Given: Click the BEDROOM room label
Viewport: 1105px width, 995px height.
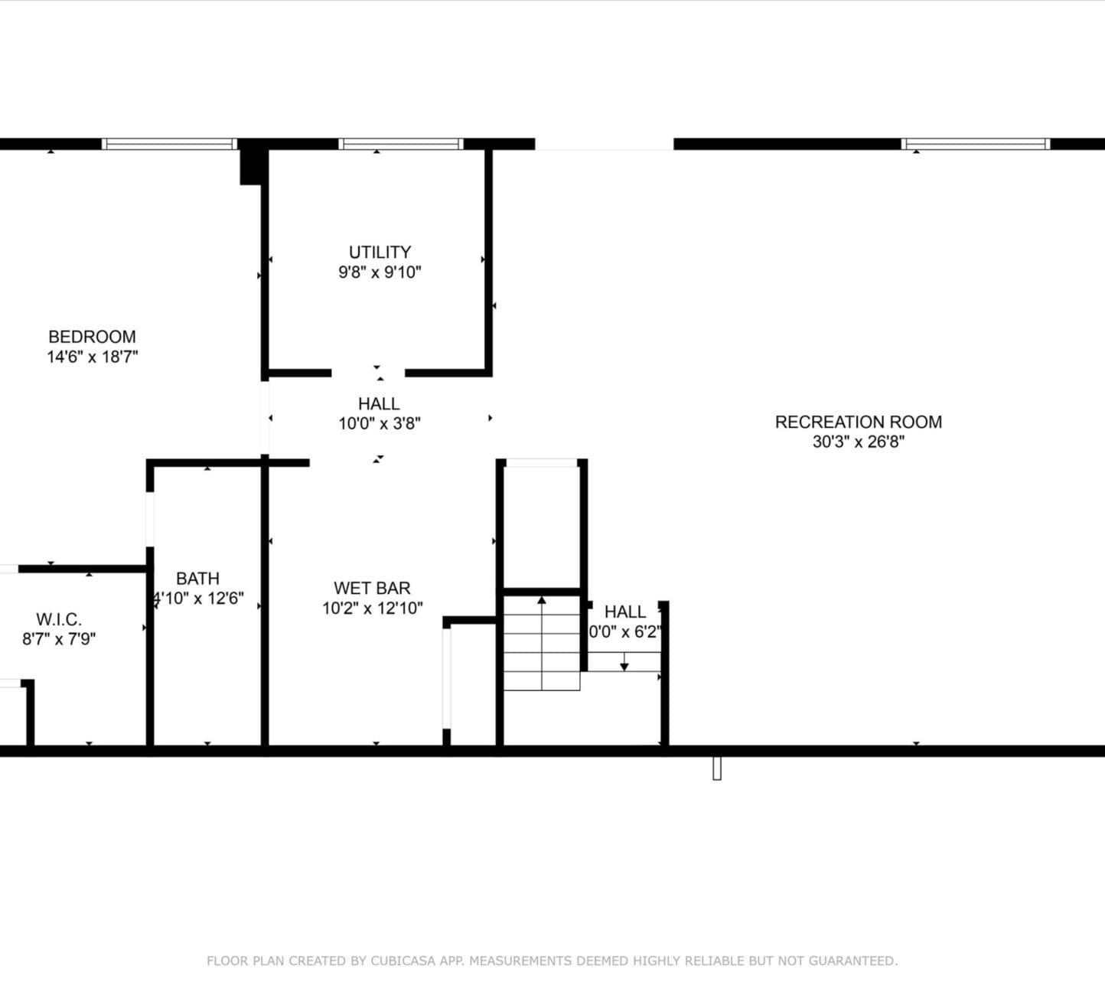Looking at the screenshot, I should pyautogui.click(x=92, y=337).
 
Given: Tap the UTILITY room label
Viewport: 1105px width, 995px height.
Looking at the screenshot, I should pyautogui.click(x=380, y=252).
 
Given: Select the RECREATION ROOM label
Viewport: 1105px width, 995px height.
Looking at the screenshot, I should pyautogui.click(x=858, y=422).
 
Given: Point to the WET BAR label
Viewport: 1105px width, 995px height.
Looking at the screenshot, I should pyautogui.click(x=372, y=588).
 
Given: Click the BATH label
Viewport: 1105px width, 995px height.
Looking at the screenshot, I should pyautogui.click(x=197, y=579).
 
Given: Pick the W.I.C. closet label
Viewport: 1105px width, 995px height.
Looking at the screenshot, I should pyautogui.click(x=59, y=619).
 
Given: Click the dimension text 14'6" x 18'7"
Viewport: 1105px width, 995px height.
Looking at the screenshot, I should pyautogui.click(x=92, y=357).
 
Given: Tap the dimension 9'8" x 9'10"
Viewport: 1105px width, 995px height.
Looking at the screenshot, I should pyautogui.click(x=380, y=272).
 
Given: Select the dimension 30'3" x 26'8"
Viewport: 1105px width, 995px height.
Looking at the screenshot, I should pyautogui.click(x=858, y=442).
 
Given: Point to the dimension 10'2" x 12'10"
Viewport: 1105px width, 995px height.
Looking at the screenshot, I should pyautogui.click(x=372, y=608).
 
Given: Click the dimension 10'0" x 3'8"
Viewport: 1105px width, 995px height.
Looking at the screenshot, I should pyautogui.click(x=380, y=423).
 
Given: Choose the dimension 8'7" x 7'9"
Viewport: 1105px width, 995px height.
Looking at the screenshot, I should pyautogui.click(x=59, y=639).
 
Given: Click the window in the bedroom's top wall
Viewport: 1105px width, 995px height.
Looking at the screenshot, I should pyautogui.click(x=169, y=144).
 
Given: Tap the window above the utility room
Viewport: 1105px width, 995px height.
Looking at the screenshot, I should pyautogui.click(x=401, y=144).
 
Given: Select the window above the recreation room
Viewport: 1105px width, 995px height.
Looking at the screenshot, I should pyautogui.click(x=975, y=144).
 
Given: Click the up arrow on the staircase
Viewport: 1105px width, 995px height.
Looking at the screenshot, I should pyautogui.click(x=542, y=601).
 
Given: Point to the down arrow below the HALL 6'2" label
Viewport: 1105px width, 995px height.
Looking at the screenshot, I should pyautogui.click(x=624, y=666).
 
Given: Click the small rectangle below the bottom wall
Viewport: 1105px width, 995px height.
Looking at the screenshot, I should pyautogui.click(x=717, y=768).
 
